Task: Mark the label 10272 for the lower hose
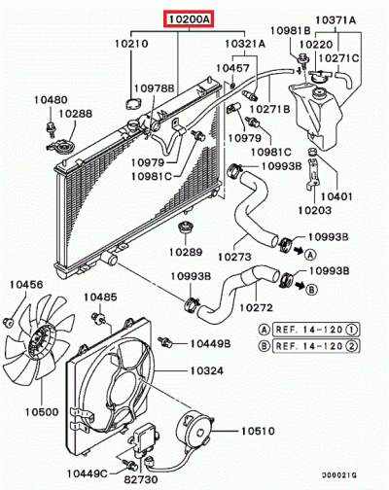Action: coord(255,307)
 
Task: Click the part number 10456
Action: coord(26,284)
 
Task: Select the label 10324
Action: coord(206,370)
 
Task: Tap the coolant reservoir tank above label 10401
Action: coord(321,122)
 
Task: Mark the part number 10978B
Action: coord(154,88)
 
